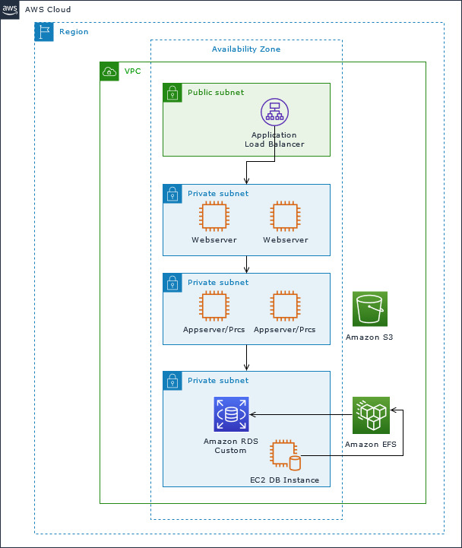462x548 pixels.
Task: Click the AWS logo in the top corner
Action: click(10, 10)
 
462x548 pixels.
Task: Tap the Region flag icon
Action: click(44, 32)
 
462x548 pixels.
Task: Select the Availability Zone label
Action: click(245, 49)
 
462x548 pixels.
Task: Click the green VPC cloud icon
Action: click(109, 71)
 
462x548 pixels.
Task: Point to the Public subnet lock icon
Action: click(172, 93)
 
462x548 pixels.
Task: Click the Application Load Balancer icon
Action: click(274, 112)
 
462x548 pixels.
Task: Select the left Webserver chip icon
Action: click(214, 216)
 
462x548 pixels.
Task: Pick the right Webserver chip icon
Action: click(285, 216)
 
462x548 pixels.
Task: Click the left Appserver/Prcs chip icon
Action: click(214, 306)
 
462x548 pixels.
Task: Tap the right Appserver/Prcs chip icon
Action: click(285, 306)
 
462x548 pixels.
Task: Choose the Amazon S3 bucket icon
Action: click(370, 309)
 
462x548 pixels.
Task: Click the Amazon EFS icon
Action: click(370, 415)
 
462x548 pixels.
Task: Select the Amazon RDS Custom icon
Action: click(231, 415)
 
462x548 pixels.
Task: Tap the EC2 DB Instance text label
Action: click(284, 480)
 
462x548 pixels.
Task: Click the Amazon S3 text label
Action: click(369, 337)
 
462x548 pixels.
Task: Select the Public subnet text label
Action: click(216, 92)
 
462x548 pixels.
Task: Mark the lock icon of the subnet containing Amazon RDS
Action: click(172, 380)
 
